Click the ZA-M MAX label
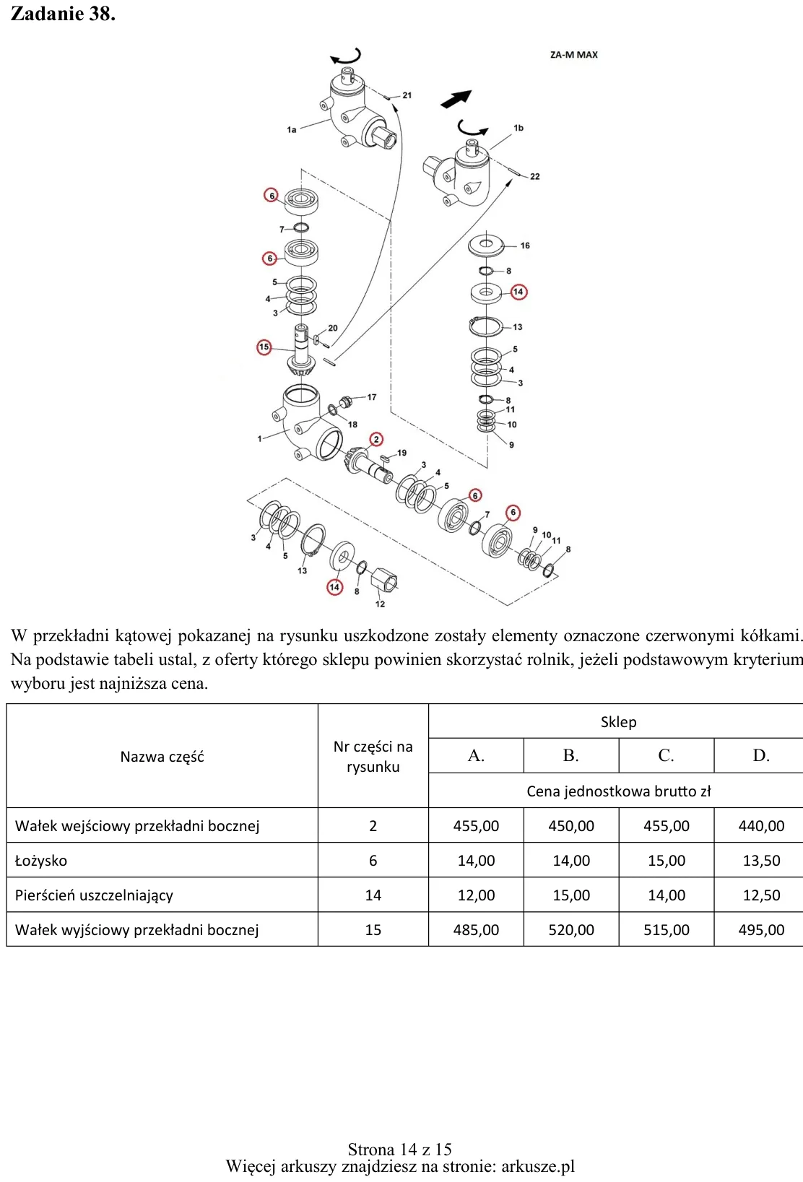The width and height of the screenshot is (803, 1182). (573, 55)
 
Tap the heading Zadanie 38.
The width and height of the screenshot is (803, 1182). (63, 14)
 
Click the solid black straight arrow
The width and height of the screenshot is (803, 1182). (456, 99)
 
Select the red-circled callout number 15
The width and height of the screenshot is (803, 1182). (264, 347)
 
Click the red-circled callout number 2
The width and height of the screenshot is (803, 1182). (376, 439)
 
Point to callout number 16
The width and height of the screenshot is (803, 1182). (525, 245)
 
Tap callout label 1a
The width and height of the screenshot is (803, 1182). (292, 129)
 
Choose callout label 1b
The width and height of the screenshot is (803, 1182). (518, 128)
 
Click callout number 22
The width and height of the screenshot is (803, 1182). (535, 176)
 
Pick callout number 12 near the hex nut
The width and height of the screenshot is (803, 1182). (381, 604)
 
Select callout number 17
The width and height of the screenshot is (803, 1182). (372, 397)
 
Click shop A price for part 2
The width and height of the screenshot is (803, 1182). (476, 825)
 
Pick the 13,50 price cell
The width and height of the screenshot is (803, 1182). (761, 860)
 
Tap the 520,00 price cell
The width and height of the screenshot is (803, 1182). (571, 929)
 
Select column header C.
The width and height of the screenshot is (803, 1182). (666, 756)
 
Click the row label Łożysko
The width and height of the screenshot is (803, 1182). (41, 861)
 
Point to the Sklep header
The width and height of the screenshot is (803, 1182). (618, 722)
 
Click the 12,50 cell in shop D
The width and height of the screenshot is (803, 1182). (761, 895)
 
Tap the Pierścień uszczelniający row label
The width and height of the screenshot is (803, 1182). (94, 895)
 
